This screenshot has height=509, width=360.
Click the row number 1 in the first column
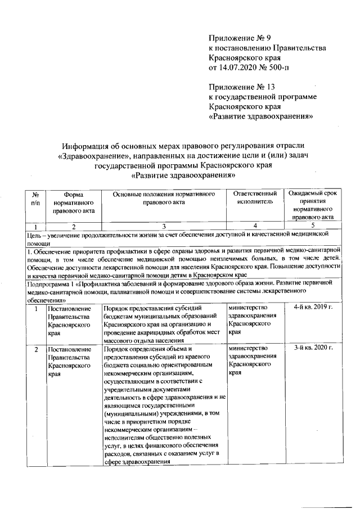click(35, 309)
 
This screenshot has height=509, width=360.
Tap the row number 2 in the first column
click(35, 349)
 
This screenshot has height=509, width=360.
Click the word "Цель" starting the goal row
click(35, 233)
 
